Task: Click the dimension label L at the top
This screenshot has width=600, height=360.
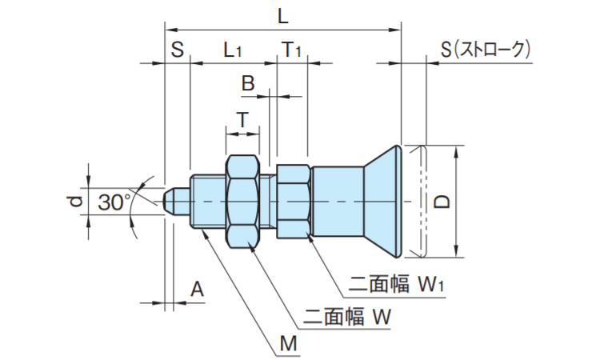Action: (x=282, y=15)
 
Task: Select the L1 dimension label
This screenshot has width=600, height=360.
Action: (x=232, y=50)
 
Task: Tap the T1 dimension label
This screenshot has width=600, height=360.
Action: (x=291, y=50)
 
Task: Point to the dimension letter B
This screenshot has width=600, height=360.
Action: (x=248, y=82)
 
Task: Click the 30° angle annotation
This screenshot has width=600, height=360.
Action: (x=115, y=202)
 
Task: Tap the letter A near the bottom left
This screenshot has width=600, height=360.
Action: (x=197, y=290)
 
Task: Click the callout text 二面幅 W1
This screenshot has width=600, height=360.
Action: (x=396, y=284)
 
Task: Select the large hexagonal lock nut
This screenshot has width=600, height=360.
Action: (x=242, y=202)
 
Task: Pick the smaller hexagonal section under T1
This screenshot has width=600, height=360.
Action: (x=293, y=202)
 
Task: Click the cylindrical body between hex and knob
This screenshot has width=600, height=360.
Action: (x=336, y=202)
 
